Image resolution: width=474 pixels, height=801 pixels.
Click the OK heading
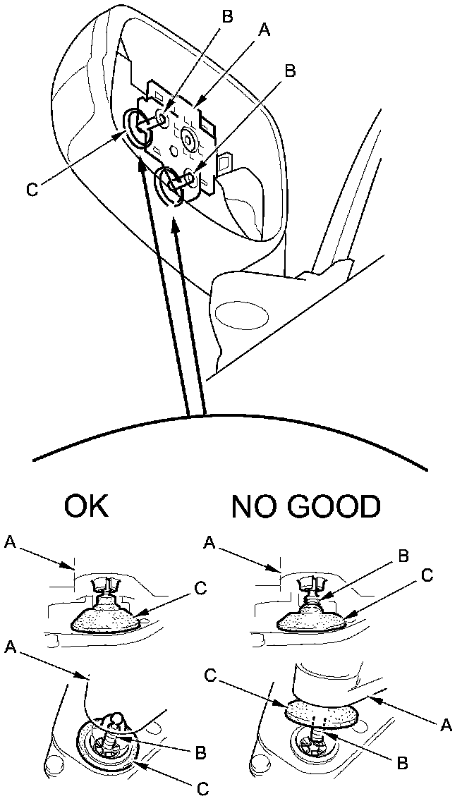coord(87,506)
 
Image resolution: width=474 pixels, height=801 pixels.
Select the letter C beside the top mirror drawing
coord(31,188)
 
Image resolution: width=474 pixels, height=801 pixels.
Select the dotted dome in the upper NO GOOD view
coord(311,617)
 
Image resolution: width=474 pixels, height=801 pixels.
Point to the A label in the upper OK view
coord(9,542)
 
